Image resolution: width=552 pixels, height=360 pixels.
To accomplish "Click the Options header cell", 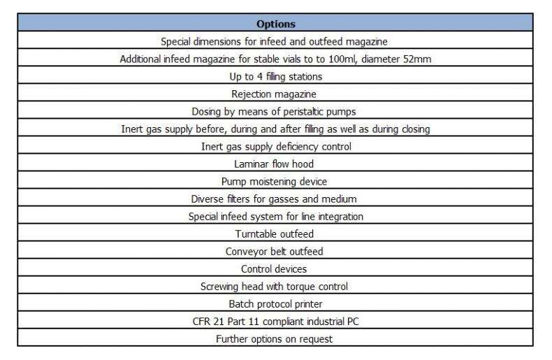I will pyautogui.click(x=275, y=24).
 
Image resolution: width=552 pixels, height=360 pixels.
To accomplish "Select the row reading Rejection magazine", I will pyautogui.click(x=274, y=94).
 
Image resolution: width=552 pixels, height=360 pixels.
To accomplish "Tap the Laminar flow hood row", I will pyautogui.click(x=274, y=164).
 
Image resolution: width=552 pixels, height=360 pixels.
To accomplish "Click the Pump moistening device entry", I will pyautogui.click(x=274, y=182).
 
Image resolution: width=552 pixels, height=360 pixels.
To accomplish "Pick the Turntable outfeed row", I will pyautogui.click(x=274, y=234).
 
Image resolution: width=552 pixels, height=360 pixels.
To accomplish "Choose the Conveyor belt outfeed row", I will pyautogui.click(x=274, y=252).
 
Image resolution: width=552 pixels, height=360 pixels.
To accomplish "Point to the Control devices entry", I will pyautogui.click(x=274, y=269).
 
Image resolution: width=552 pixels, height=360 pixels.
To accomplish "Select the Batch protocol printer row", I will pyautogui.click(x=274, y=304).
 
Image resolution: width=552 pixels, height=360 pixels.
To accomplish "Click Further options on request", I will pyautogui.click(x=274, y=339).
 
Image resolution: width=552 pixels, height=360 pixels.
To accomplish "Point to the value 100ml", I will pyautogui.click(x=337, y=59).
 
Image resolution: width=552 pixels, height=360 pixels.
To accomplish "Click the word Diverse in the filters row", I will pyautogui.click(x=207, y=199).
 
